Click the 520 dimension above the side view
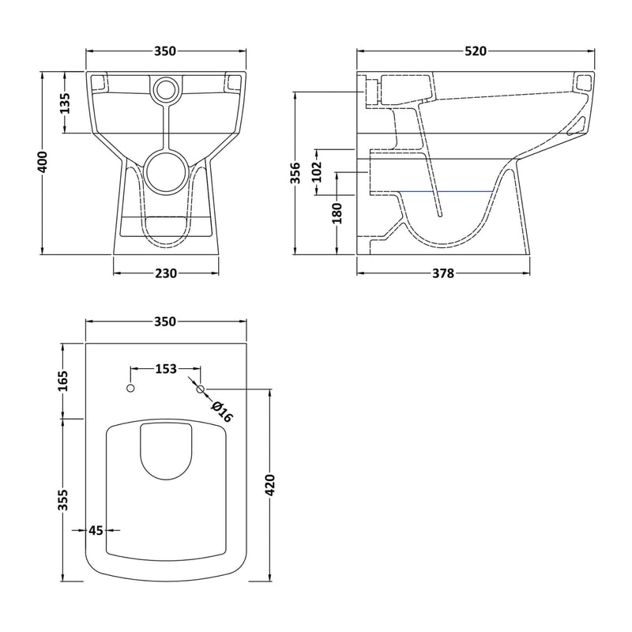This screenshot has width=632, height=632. pyautogui.click(x=476, y=51)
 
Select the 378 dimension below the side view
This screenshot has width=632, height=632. pyautogui.click(x=443, y=274)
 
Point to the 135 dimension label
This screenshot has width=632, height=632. pyautogui.click(x=65, y=103)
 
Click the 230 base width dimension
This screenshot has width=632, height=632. pyautogui.click(x=166, y=274)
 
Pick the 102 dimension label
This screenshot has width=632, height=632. pyautogui.click(x=317, y=172)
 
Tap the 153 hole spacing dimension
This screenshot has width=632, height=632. pyautogui.click(x=166, y=369)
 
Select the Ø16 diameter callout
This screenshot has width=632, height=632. pyautogui.click(x=222, y=411)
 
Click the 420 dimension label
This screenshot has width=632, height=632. pyautogui.click(x=269, y=485)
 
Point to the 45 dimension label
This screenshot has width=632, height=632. pyautogui.click(x=96, y=531)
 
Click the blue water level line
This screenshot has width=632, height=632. pyautogui.click(x=449, y=192)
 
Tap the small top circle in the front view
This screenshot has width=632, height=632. pyautogui.click(x=166, y=89)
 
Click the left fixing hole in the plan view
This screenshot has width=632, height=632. pyautogui.click(x=131, y=389)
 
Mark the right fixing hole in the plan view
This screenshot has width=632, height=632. pyautogui.click(x=200, y=389)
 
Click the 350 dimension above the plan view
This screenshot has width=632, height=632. pyautogui.click(x=166, y=322)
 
